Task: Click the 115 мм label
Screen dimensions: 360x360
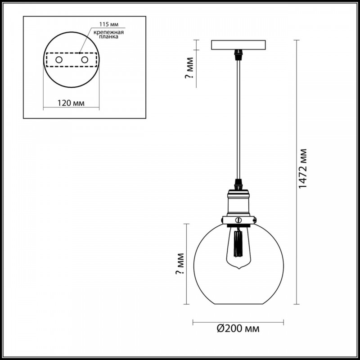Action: pyautogui.click(x=109, y=24)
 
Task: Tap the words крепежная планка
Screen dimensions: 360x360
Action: pyautogui.click(x=109, y=34)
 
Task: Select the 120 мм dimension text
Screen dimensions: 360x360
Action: pyautogui.click(x=71, y=103)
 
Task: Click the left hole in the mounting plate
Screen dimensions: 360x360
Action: pyautogui.click(x=59, y=60)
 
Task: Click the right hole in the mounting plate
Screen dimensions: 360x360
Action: pyautogui.click(x=85, y=60)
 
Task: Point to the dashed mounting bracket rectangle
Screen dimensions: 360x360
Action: pyautogui.click(x=72, y=53)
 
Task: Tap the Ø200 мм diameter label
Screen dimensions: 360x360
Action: pyautogui.click(x=238, y=328)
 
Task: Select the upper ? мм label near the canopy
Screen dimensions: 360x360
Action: pyautogui.click(x=189, y=68)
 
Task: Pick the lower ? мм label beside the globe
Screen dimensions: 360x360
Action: pyautogui.click(x=180, y=264)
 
